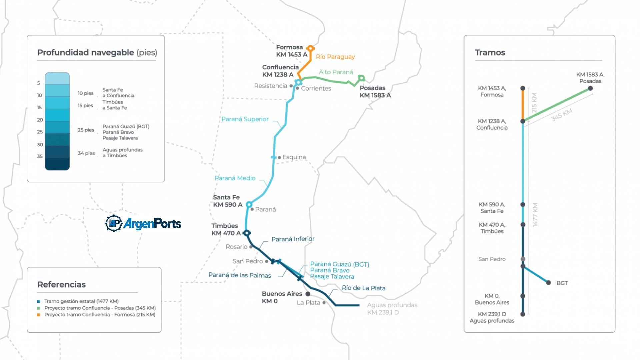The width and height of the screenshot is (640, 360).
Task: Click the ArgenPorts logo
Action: click(x=143, y=223)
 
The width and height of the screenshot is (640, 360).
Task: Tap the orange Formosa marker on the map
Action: click(x=310, y=48)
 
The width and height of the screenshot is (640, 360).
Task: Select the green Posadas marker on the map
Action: click(x=361, y=78)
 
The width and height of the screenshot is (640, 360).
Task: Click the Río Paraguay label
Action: click(x=335, y=57)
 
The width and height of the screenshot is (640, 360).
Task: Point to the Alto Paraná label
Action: click(x=336, y=72)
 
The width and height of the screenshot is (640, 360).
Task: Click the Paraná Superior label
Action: click(x=245, y=119)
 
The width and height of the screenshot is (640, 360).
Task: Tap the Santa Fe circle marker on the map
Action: click(x=249, y=204)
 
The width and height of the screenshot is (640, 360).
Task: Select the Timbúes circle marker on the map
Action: click(x=246, y=233)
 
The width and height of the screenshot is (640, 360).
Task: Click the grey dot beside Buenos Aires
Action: click(x=308, y=294)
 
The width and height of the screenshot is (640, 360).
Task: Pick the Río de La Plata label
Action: click(x=363, y=288)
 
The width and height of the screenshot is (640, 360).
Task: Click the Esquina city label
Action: click(x=294, y=157)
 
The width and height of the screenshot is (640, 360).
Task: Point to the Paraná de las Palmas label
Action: click(x=240, y=275)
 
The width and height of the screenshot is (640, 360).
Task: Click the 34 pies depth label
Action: click(x=86, y=153)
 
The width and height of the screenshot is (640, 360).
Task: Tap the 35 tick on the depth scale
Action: click(x=40, y=156)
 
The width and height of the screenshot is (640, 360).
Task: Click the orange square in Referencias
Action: click(x=39, y=315)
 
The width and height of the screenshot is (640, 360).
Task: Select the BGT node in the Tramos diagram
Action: click(x=548, y=283)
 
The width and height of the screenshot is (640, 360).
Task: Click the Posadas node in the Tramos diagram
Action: click(x=590, y=88)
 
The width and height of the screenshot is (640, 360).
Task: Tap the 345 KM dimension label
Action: click(x=562, y=115)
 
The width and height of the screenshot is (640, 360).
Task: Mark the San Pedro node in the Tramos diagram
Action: click(x=523, y=259)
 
